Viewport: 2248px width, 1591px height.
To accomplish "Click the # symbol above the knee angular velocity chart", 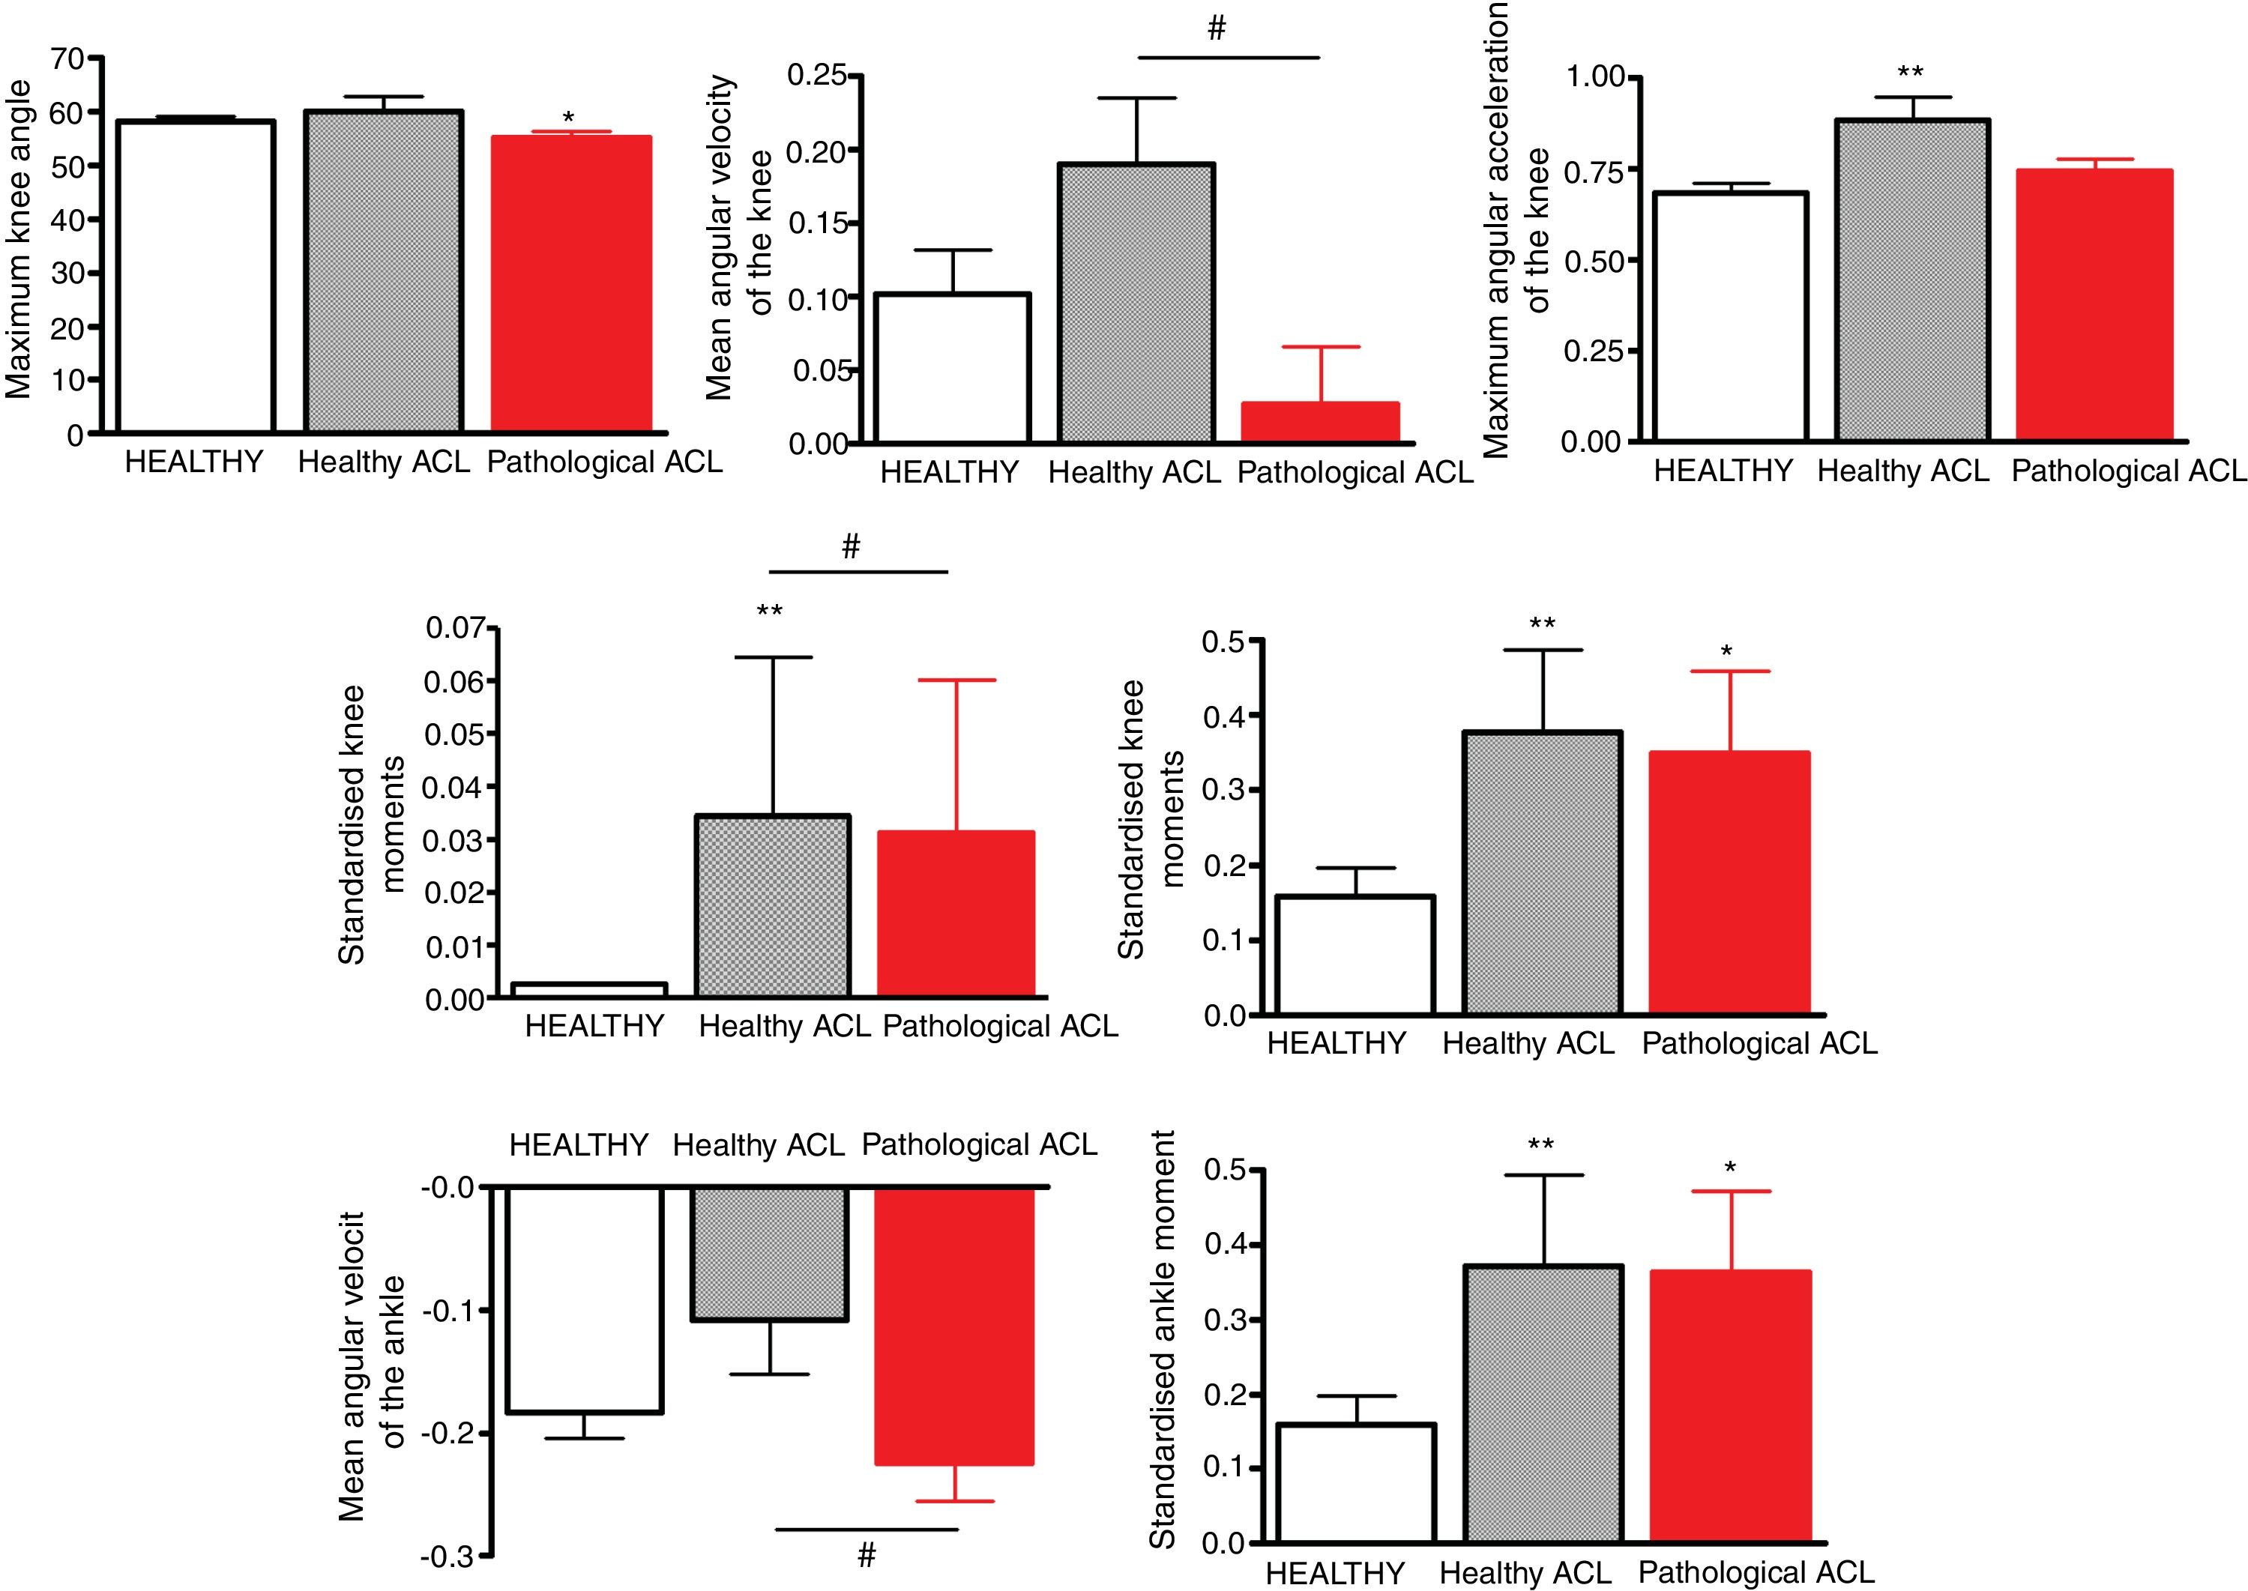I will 1216,29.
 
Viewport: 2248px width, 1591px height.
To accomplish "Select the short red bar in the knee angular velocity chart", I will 1320,421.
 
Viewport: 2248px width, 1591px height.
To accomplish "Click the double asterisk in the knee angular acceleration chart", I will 1910,73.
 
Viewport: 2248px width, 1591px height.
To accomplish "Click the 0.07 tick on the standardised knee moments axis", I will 453,627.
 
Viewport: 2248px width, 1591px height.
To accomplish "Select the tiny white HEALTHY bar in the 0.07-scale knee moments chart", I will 589,989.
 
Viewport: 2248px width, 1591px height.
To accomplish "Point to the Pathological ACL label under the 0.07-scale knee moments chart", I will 999,1027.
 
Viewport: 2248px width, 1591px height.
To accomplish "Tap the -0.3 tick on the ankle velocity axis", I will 447,1556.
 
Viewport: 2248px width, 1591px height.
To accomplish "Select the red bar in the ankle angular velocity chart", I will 953,1327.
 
